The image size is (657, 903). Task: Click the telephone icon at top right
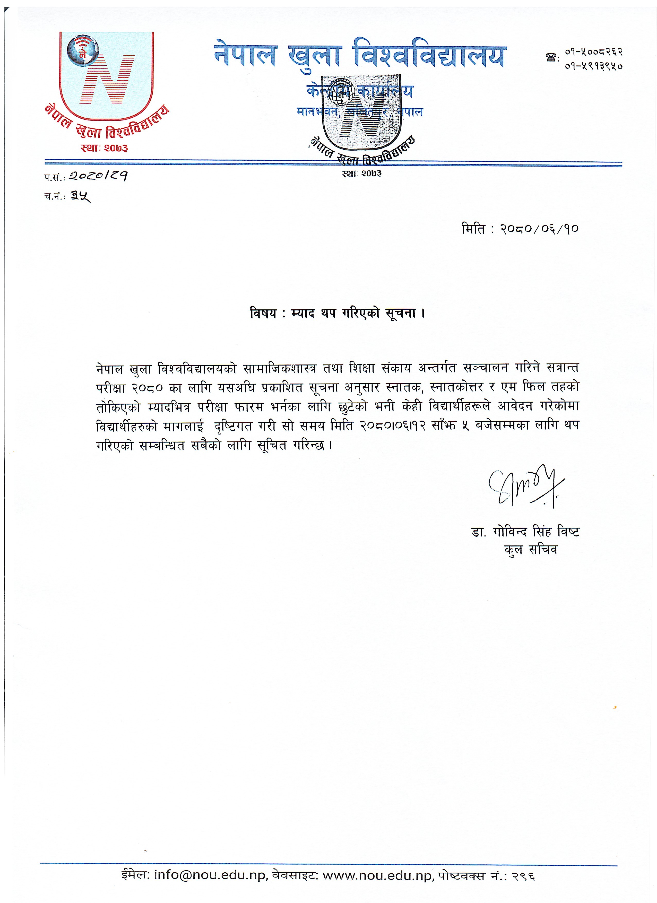pyautogui.click(x=551, y=58)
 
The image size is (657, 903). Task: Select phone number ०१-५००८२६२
pyautogui.click(x=593, y=52)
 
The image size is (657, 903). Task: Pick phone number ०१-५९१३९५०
pyautogui.click(x=593, y=66)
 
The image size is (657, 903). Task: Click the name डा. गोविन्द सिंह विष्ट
pyautogui.click(x=525, y=532)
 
